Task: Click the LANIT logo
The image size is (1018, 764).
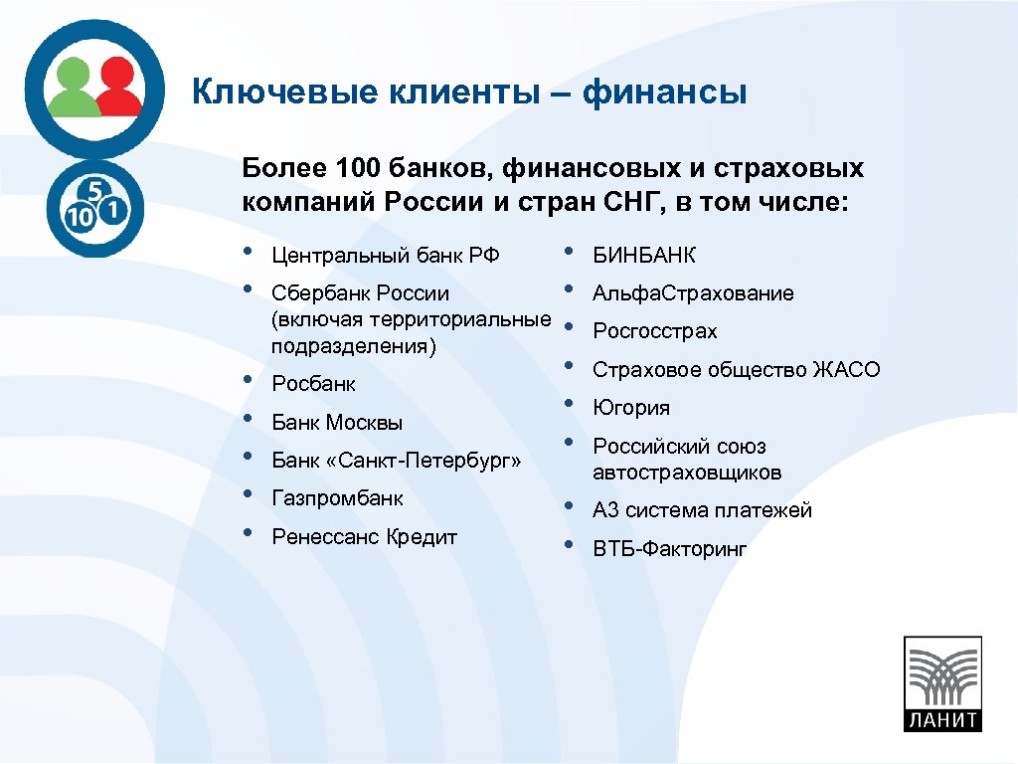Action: pos(941,683)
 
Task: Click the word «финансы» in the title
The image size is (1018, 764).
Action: pos(664,94)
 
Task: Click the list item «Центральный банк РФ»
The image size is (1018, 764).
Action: pos(385,256)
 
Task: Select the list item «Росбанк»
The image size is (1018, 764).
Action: pos(313,384)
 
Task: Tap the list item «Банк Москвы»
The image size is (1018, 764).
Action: pos(337,423)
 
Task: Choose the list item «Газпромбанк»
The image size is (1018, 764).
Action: pos(337,498)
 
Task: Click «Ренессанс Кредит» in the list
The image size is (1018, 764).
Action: pos(364,537)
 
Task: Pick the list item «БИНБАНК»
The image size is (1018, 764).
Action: pos(644,256)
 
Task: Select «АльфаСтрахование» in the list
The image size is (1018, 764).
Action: pos(693,293)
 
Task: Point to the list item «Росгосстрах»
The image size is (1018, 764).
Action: pos(654,331)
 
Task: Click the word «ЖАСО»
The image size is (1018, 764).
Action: pos(846,370)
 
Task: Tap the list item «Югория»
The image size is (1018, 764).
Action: pos(631,408)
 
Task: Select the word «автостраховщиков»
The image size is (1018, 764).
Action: pos(687,473)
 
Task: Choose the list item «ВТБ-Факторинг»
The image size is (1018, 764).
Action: pos(669,549)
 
